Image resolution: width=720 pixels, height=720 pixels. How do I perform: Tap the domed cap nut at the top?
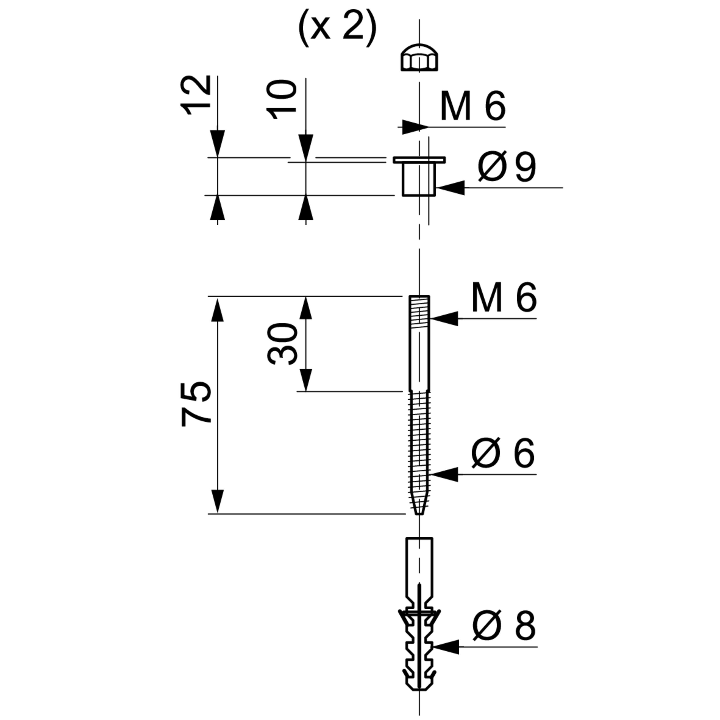pos(419,59)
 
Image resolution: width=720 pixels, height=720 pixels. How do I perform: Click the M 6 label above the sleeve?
pos(473,106)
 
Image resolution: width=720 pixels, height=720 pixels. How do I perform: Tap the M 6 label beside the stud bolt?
pos(504,297)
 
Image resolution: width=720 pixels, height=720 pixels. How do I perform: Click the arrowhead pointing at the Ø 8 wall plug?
pos(446,647)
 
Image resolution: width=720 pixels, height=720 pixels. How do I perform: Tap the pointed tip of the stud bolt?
pos(419,514)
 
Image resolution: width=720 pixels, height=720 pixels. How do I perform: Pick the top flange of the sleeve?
pos(419,160)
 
